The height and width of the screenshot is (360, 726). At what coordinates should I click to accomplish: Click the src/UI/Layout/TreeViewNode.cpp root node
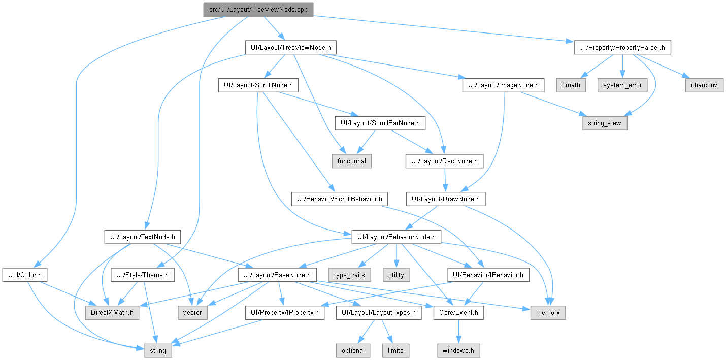click(x=258, y=10)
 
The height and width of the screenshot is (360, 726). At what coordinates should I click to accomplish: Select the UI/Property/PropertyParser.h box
click(x=622, y=48)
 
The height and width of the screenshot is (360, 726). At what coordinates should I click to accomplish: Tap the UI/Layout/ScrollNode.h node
click(x=258, y=85)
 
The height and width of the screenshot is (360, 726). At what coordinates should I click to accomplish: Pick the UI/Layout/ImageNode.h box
click(x=503, y=85)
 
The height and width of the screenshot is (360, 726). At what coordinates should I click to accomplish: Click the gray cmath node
click(x=571, y=85)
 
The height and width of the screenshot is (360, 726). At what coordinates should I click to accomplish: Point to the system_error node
click(x=622, y=85)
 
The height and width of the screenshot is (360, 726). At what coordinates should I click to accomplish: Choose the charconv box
click(x=704, y=85)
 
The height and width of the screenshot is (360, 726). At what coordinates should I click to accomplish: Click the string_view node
click(x=605, y=123)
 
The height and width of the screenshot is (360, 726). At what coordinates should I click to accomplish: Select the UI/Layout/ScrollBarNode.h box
click(x=380, y=123)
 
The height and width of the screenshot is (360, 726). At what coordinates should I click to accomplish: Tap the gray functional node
click(x=351, y=161)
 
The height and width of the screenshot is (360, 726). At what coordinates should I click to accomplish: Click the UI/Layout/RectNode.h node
click(x=444, y=161)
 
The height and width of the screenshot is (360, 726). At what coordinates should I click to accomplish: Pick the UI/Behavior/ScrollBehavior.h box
click(x=339, y=199)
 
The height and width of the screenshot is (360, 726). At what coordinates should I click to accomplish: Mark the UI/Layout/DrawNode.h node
click(x=446, y=199)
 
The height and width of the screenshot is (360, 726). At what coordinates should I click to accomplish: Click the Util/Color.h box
click(x=25, y=275)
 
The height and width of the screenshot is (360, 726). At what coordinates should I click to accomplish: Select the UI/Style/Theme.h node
click(x=142, y=275)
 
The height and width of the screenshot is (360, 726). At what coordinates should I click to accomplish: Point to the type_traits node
click(x=349, y=275)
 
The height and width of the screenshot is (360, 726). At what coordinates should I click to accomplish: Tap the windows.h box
click(x=458, y=350)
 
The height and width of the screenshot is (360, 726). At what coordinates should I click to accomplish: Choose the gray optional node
click(x=353, y=350)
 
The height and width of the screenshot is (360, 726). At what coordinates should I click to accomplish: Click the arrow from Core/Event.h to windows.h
click(x=458, y=332)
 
